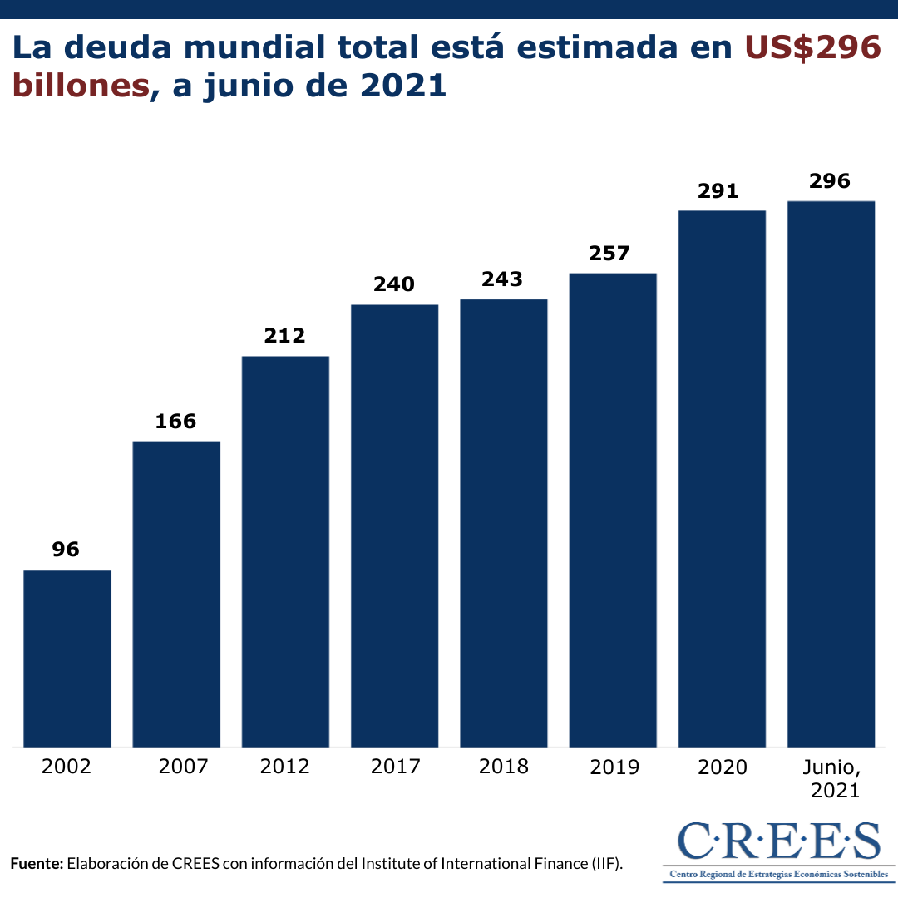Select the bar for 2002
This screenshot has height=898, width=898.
pyautogui.click(x=67, y=659)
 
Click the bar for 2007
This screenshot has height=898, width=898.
pyautogui.click(x=176, y=594)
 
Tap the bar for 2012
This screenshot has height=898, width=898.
pyautogui.click(x=285, y=551)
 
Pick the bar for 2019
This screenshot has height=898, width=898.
pyautogui.click(x=613, y=510)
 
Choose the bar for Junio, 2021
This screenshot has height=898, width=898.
pyautogui.click(x=831, y=474)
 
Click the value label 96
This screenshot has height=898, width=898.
pyautogui.click(x=66, y=550)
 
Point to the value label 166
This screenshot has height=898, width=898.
pyautogui.click(x=176, y=421)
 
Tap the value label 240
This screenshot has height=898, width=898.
pyautogui.click(x=394, y=284)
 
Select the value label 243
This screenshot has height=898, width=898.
pyautogui.click(x=503, y=279)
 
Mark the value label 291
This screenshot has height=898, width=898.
pyautogui.click(x=721, y=190)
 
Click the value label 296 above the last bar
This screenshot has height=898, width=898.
pyautogui.click(x=831, y=181)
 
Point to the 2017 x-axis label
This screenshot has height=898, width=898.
pyautogui.click(x=395, y=766)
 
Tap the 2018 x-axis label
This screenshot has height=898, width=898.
pyautogui.click(x=504, y=766)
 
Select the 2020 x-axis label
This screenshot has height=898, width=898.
pyautogui.click(x=722, y=766)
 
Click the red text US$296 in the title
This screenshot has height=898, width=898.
pyautogui.click(x=812, y=48)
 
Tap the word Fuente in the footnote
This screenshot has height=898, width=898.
pyautogui.click(x=37, y=863)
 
